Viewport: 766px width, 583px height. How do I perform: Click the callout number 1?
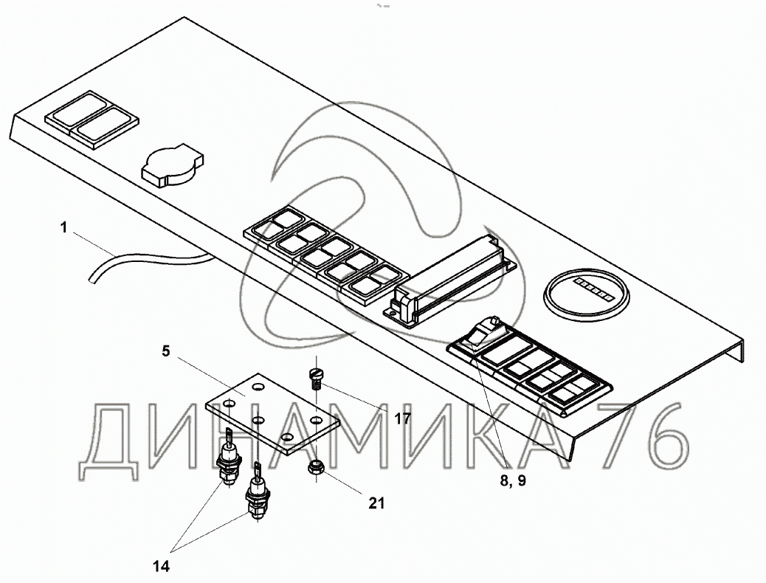[x=64, y=229]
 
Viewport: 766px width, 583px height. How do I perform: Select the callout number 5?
[x=166, y=351]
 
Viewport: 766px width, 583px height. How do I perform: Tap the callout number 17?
[x=402, y=419]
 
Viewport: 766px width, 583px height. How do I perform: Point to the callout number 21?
[x=376, y=503]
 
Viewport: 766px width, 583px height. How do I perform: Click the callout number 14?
[x=162, y=566]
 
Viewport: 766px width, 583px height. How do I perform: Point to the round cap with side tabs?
[x=170, y=163]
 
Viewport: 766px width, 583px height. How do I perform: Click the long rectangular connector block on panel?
[x=450, y=278]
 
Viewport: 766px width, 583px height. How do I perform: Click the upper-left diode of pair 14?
[x=229, y=461]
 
